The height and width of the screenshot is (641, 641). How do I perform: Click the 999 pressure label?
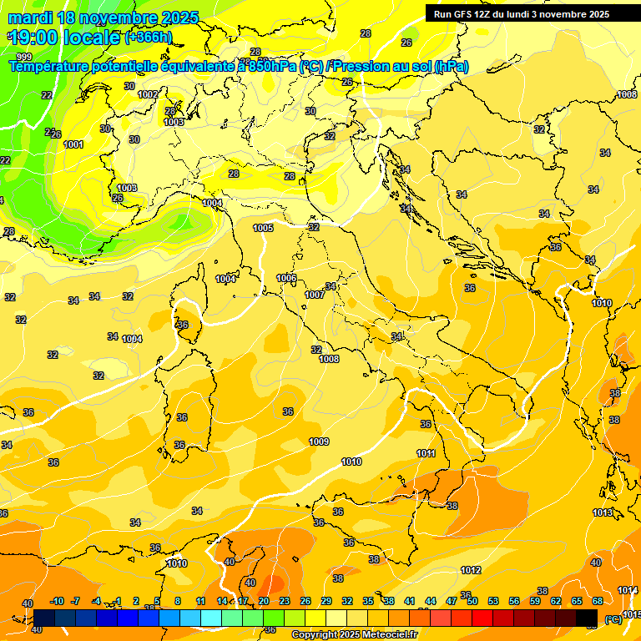point(23,57)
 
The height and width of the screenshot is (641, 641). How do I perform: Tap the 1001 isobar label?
point(73,144)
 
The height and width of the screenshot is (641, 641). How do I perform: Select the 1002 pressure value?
point(148,94)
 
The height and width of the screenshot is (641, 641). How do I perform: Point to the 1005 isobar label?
point(263,228)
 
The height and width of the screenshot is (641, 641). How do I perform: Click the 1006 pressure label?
point(286,278)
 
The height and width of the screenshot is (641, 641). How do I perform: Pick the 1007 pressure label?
point(315,295)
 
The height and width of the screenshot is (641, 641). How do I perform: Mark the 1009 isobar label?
point(319,442)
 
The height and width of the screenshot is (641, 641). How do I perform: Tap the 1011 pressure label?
point(426,453)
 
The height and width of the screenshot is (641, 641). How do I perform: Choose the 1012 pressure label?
point(471,570)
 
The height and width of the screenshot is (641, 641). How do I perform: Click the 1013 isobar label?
point(603,512)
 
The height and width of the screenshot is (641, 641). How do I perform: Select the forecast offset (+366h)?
point(149,38)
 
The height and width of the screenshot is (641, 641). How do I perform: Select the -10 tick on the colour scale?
point(57,601)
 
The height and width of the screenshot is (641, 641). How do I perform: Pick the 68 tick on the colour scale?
point(598,601)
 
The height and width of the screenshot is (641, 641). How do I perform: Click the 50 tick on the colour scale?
point(472,601)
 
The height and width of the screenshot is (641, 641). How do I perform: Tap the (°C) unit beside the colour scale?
point(613,619)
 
